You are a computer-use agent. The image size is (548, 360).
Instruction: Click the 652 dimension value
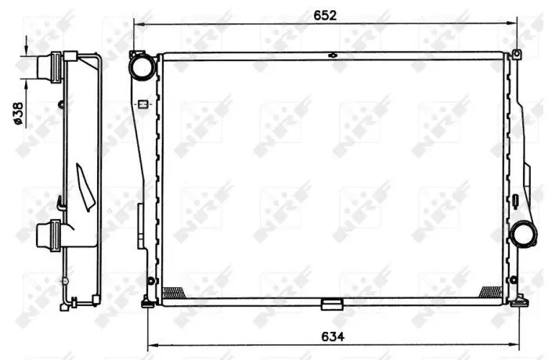[325, 16]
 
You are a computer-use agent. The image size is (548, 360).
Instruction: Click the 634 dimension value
[333, 337]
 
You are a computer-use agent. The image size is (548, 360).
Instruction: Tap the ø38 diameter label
[18, 113]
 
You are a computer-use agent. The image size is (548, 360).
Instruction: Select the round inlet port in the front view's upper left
[142, 67]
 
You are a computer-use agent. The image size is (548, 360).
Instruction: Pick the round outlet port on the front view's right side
[524, 234]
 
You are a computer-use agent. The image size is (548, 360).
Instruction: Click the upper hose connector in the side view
[49, 67]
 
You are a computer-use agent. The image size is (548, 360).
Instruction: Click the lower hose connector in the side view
[49, 236]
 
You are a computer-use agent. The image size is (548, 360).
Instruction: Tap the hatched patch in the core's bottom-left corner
[174, 292]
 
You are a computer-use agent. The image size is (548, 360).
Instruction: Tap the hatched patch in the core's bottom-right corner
[492, 291]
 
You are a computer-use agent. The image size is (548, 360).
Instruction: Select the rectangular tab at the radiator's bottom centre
[332, 304]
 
